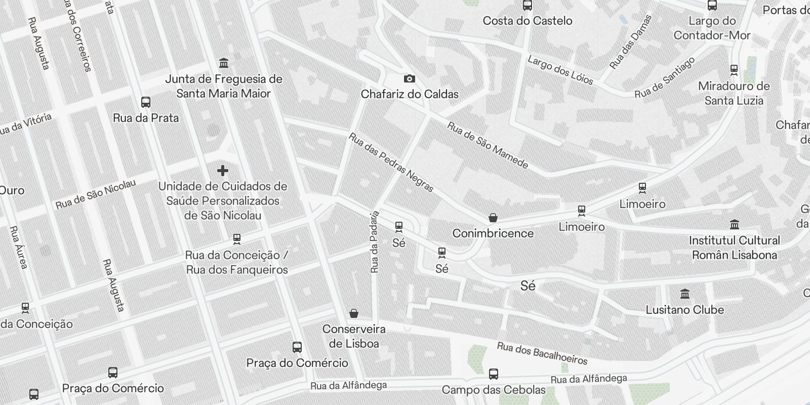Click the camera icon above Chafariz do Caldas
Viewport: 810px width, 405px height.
click(409, 78)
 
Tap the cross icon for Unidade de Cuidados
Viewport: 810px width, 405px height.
click(222, 171)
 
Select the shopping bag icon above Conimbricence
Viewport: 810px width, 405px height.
click(493, 218)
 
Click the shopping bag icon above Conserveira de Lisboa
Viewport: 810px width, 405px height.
click(354, 314)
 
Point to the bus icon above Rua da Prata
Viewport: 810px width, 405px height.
click(146, 102)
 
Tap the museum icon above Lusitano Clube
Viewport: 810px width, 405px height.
click(685, 294)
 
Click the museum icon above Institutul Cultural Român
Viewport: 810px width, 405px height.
click(735, 224)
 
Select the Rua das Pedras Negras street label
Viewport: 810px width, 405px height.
click(391, 163)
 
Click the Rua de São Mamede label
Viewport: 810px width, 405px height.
click(488, 145)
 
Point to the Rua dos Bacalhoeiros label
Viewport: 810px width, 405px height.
click(542, 353)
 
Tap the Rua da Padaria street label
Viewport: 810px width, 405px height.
click(375, 242)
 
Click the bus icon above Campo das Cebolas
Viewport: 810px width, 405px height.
click(494, 374)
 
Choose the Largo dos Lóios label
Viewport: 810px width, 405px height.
click(560, 70)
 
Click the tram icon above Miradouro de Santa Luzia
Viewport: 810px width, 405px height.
click(734, 70)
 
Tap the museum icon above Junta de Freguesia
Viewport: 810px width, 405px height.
click(223, 63)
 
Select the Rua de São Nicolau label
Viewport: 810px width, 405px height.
click(96, 194)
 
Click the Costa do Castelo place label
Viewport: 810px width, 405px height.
click(528, 21)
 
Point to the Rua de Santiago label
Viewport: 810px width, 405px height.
click(665, 78)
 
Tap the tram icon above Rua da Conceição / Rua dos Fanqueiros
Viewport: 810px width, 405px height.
click(236, 239)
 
